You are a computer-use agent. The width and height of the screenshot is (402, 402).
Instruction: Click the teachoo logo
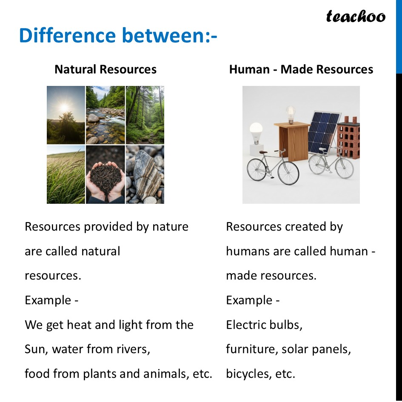click(x=356, y=17)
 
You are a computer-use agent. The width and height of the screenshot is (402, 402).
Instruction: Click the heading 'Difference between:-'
click(x=118, y=36)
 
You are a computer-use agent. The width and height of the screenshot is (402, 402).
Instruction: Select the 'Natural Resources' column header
click(x=105, y=69)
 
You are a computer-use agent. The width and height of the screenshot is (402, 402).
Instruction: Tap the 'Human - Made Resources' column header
click(x=301, y=69)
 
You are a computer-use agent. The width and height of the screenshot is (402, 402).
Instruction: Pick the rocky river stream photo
click(x=105, y=115)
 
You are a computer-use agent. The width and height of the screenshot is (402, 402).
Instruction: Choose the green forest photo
click(x=145, y=115)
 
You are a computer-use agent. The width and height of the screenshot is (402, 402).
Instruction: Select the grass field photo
click(x=66, y=174)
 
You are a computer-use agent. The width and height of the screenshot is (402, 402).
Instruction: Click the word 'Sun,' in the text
click(x=37, y=349)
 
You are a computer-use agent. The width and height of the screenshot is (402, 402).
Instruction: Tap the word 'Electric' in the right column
click(x=242, y=325)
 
